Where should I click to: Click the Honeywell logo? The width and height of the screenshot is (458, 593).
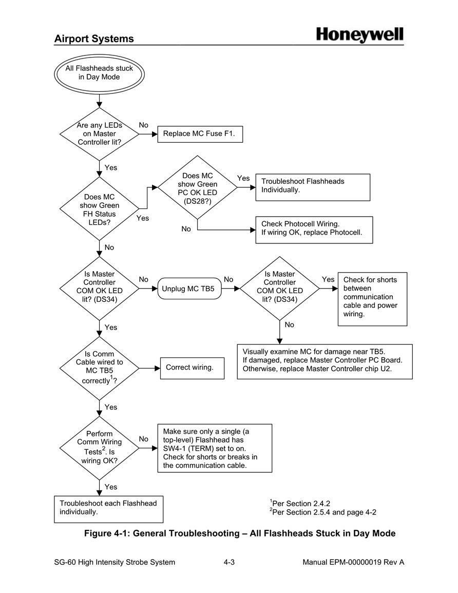(359, 35)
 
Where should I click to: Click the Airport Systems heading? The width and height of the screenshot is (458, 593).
(94, 39)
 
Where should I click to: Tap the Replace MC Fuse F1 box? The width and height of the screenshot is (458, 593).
(200, 134)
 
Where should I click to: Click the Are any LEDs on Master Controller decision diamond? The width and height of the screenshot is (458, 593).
(100, 134)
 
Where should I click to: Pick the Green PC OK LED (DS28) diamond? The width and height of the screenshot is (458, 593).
(197, 187)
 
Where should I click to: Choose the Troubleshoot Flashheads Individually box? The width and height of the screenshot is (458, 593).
(313, 187)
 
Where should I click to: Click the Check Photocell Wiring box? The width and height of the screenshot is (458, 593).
(314, 230)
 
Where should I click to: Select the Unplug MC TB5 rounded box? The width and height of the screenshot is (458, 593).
(189, 289)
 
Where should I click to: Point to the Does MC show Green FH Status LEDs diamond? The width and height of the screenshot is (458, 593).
(100, 209)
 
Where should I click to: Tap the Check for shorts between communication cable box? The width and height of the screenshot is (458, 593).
(373, 299)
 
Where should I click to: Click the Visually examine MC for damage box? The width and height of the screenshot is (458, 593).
(325, 361)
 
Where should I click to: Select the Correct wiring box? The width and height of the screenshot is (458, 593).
(192, 368)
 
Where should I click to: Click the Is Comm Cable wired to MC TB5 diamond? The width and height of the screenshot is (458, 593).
(100, 368)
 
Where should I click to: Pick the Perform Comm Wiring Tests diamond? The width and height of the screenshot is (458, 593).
(100, 448)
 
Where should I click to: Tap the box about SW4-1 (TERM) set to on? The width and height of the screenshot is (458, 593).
(215, 448)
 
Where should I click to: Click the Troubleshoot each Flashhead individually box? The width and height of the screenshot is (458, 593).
(108, 509)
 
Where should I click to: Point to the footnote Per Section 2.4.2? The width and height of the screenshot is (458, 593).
(300, 503)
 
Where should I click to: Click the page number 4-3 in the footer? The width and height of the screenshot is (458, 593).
(229, 562)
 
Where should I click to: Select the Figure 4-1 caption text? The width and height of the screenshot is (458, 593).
(240, 533)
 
